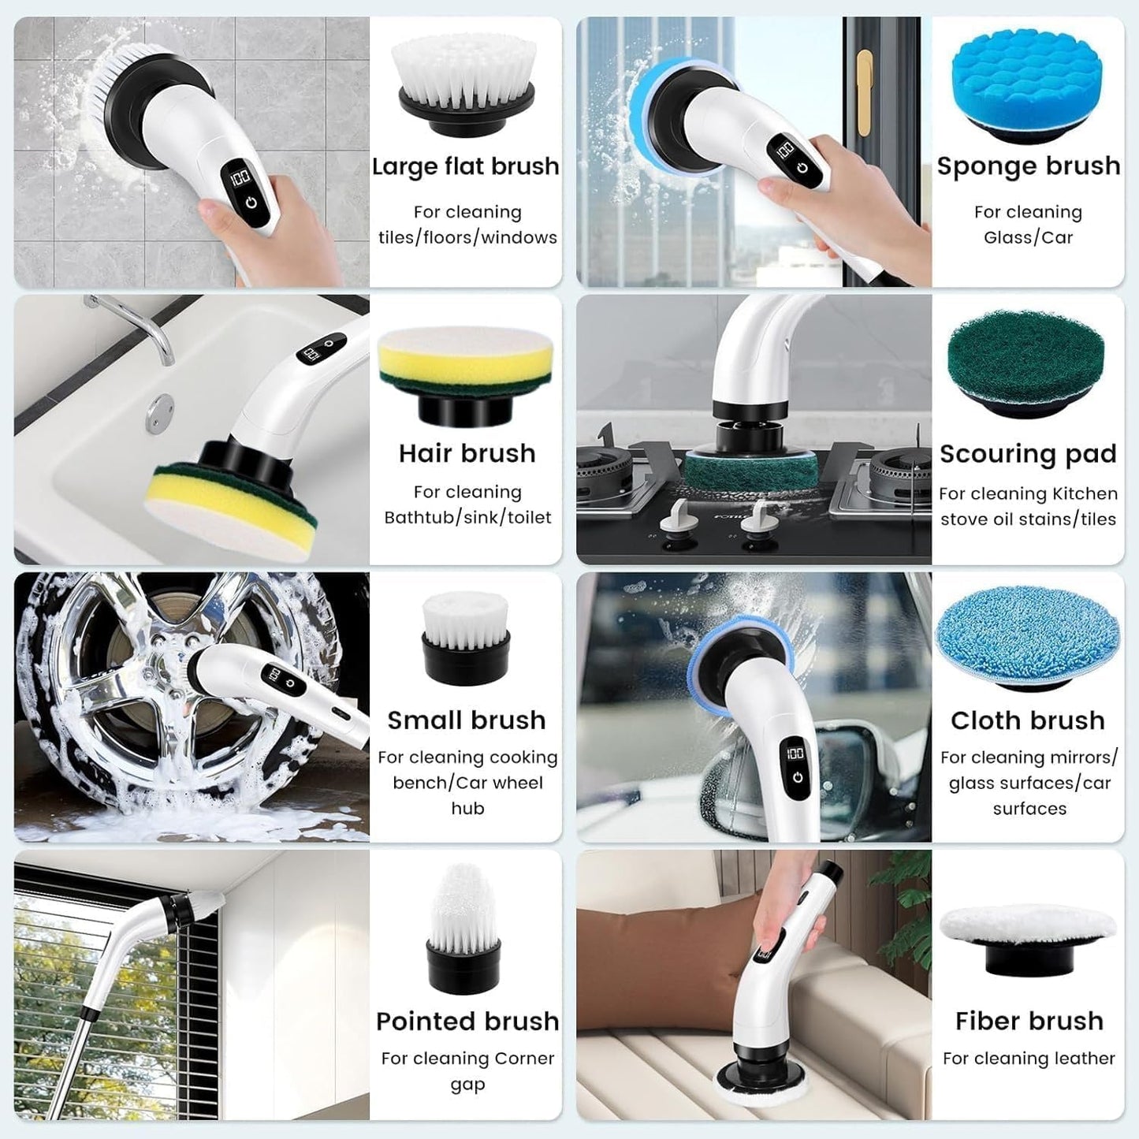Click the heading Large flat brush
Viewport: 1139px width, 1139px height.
click(x=465, y=166)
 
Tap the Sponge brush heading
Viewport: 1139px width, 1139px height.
click(x=1028, y=166)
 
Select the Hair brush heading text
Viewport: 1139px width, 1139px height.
click(x=467, y=453)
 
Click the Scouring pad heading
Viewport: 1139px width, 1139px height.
click(x=1028, y=454)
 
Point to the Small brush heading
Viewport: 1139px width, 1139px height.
click(x=467, y=720)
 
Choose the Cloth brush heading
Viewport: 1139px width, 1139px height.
click(x=1028, y=720)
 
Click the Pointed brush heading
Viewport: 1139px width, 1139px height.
click(x=467, y=1021)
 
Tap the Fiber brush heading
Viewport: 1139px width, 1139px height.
click(x=1029, y=1021)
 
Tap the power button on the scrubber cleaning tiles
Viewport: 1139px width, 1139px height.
click(x=251, y=203)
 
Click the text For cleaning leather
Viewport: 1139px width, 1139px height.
click(x=1029, y=1059)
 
